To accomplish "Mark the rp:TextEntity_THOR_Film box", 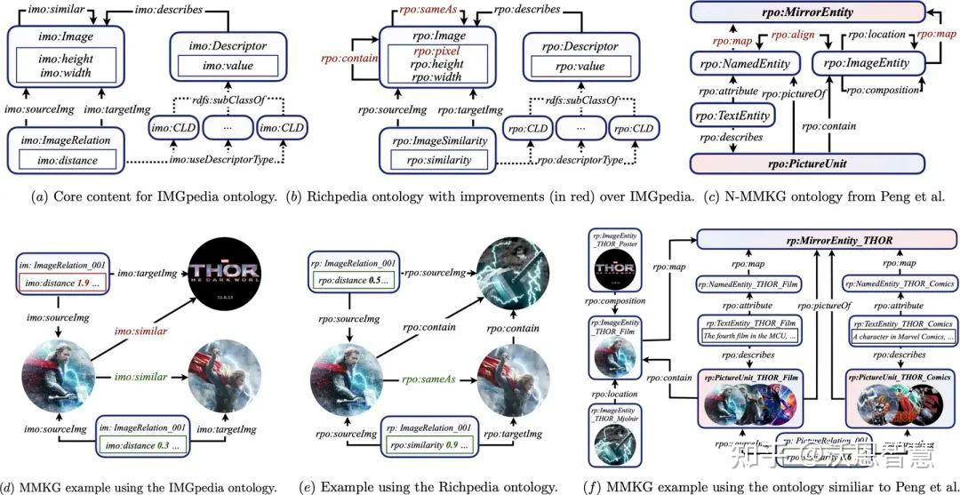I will pyautogui.click(x=749, y=329).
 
